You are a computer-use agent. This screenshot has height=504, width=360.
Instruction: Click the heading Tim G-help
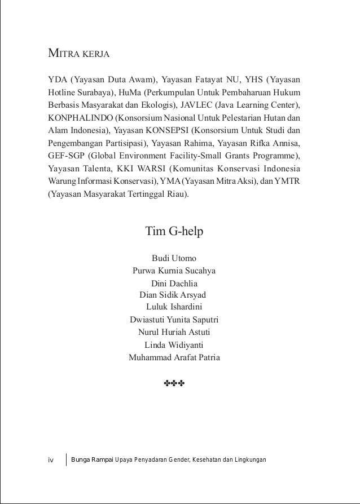pyautogui.click(x=174, y=231)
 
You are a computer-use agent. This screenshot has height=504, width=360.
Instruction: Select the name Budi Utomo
pyautogui.click(x=174, y=258)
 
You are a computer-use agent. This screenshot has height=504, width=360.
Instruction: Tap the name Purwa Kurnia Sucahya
pyautogui.click(x=174, y=271)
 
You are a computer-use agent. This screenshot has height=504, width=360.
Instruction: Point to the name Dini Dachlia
pyautogui.click(x=174, y=284)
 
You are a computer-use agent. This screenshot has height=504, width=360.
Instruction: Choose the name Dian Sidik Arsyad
pyautogui.click(x=173, y=295)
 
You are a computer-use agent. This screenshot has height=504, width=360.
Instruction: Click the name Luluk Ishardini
pyautogui.click(x=174, y=307)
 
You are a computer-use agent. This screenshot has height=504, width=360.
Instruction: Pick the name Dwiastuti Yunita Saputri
pyautogui.click(x=174, y=320)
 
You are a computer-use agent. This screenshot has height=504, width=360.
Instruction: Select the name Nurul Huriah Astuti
pyautogui.click(x=174, y=333)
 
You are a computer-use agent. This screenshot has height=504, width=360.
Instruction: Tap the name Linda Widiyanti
pyautogui.click(x=174, y=345)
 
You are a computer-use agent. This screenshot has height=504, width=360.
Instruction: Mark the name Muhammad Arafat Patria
pyautogui.click(x=174, y=357)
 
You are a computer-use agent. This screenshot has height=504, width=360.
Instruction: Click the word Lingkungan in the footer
pyautogui.click(x=247, y=461)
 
